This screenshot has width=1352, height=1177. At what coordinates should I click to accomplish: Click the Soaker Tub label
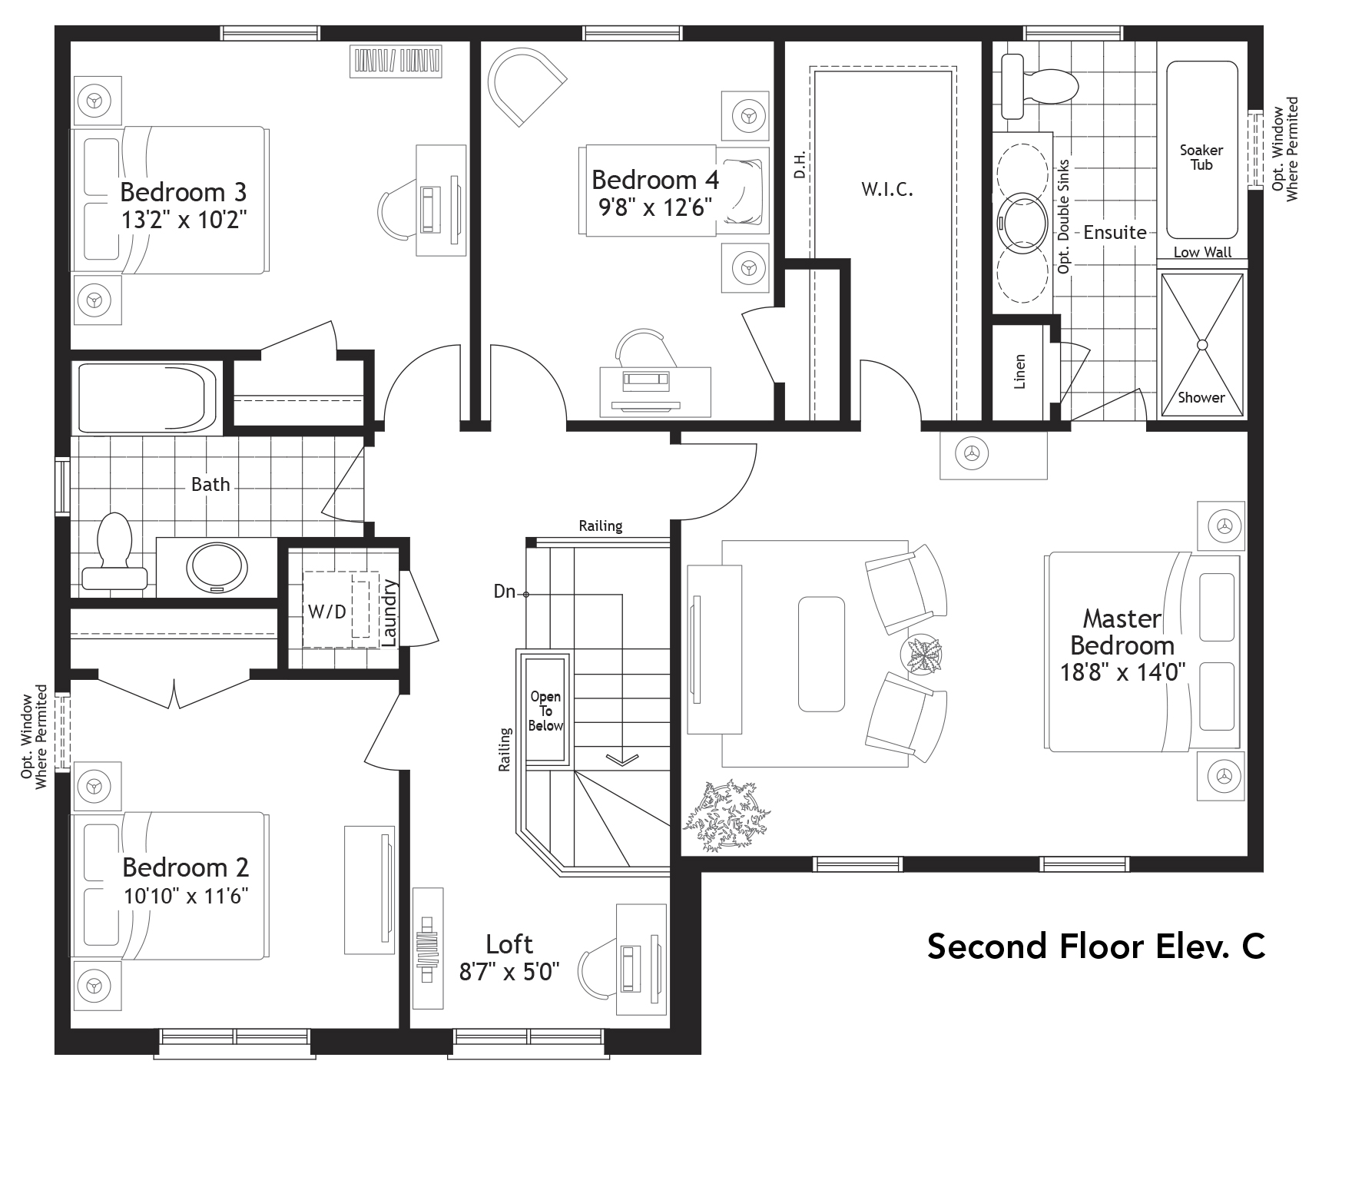pos(1201,157)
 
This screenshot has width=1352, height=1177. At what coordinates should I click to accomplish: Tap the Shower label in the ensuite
pos(1201,397)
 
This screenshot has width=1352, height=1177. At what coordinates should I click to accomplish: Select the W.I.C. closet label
pos(887,190)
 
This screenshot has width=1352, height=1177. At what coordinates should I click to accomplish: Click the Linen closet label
pos(1020,371)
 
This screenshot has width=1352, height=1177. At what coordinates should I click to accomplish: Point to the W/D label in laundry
pos(327,612)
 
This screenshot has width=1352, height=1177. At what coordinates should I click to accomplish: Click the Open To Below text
pos(545,711)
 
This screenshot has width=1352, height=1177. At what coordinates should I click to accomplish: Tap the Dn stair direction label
pos(504,592)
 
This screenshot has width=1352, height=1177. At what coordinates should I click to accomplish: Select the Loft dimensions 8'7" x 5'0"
pos(509,973)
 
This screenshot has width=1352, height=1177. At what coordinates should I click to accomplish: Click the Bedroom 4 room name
pos(654,180)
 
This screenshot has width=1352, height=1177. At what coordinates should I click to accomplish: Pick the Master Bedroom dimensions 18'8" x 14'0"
pos(1123,673)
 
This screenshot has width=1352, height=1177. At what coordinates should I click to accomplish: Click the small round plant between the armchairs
pos(921,655)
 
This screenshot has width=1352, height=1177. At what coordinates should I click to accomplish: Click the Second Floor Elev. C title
pos(1096,946)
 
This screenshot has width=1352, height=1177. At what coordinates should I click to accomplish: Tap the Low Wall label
pos(1202,253)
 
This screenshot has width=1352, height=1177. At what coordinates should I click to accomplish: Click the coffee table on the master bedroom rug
pos(821,654)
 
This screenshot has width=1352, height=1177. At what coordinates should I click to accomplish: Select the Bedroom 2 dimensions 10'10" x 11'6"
pos(186,896)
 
